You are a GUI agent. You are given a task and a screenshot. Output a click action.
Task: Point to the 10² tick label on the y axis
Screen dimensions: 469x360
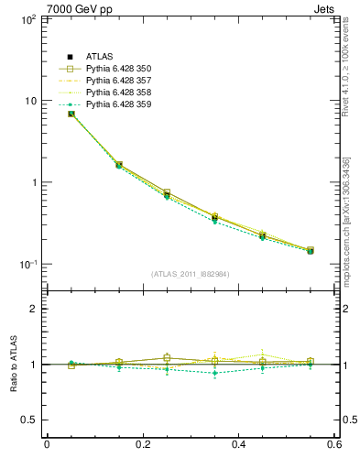pyautogui.click(x=27, y=19)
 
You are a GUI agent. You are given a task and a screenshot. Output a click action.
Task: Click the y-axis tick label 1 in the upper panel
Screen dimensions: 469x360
pyautogui.click(x=34, y=182)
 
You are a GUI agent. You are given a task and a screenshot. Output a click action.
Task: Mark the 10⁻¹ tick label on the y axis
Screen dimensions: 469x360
pyautogui.click(x=27, y=264)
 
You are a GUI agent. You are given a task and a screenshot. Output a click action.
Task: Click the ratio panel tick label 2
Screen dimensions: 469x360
pyautogui.click(x=34, y=309)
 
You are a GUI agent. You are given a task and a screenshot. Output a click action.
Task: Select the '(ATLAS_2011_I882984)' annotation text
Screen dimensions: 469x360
pyautogui.click(x=191, y=274)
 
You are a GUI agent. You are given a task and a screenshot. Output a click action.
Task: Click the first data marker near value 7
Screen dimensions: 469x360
pyautogui.click(x=71, y=114)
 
